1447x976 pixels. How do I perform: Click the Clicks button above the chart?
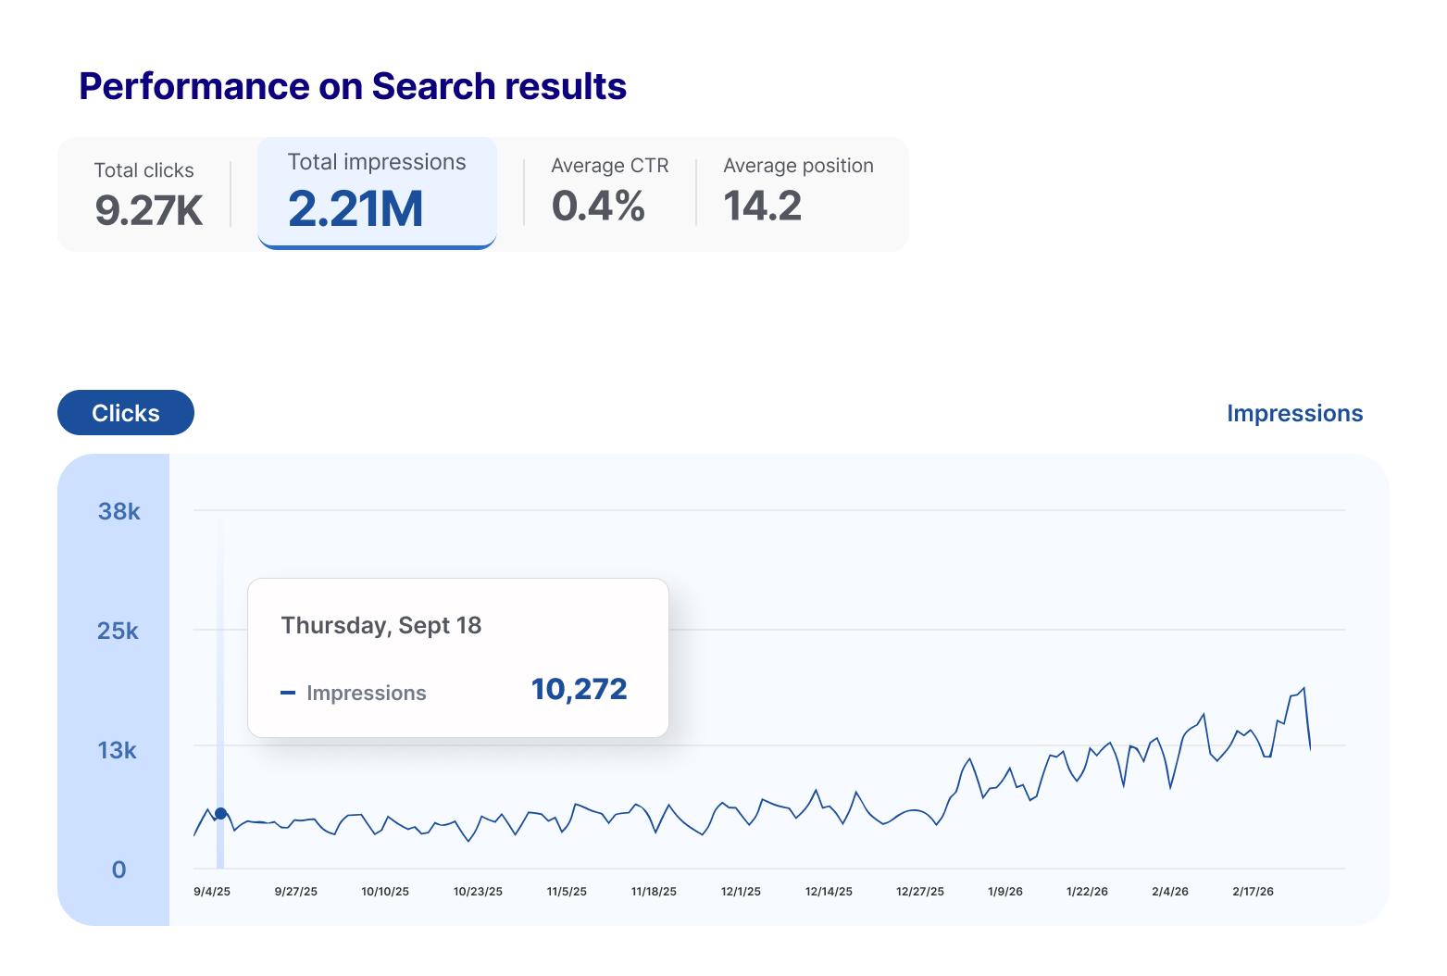coord(126,413)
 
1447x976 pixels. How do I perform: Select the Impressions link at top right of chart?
coord(1293,414)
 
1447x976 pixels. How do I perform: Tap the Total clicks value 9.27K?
coord(148,210)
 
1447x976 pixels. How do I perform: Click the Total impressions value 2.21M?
coord(356,208)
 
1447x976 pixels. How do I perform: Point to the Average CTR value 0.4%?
coord(598,206)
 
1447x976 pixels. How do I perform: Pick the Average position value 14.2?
coord(762,206)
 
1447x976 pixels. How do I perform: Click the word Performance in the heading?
coord(193,86)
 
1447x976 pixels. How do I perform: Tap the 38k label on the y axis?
coord(119,511)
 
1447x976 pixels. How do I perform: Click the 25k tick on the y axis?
coord(118,631)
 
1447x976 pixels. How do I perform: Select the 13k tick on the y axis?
coord(118,750)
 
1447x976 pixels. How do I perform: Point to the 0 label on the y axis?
coord(119,870)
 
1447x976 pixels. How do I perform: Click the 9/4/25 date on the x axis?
coord(212,892)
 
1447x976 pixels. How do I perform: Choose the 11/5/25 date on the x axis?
coord(567,892)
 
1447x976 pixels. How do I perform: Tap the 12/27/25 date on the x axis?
coord(920,892)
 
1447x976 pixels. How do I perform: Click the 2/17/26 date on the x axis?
coord(1253,892)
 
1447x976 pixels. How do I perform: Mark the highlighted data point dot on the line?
coord(220,813)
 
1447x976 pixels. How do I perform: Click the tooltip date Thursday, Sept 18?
coord(381,626)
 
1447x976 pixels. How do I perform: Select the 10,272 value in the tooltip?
coord(579,689)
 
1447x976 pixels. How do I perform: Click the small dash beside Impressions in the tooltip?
coord(288,693)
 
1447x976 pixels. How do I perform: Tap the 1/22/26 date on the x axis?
coord(1087,892)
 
